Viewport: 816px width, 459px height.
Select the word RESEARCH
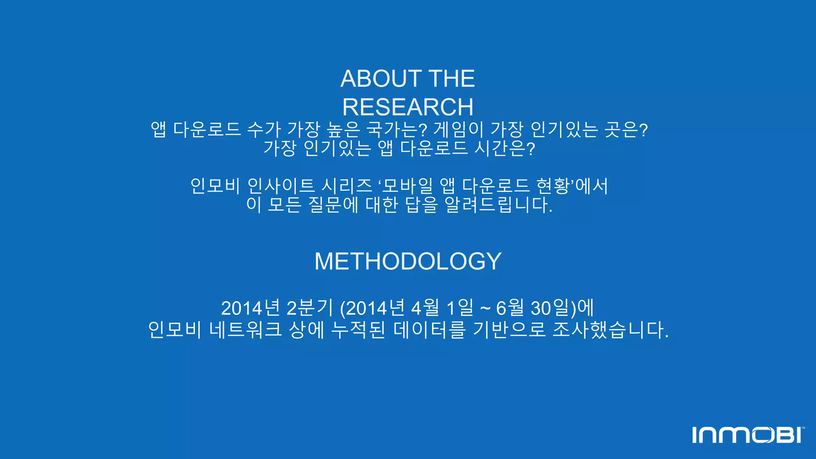(x=408, y=107)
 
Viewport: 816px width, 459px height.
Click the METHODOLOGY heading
(x=408, y=261)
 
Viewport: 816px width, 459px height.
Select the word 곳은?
(x=626, y=129)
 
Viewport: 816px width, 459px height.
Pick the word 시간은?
(x=504, y=148)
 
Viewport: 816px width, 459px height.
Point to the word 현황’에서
(x=572, y=186)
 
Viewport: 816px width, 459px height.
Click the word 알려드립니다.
(x=498, y=205)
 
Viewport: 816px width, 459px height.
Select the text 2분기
(x=310, y=308)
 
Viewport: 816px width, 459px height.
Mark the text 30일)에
(x=562, y=308)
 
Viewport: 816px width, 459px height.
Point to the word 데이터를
(x=429, y=330)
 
